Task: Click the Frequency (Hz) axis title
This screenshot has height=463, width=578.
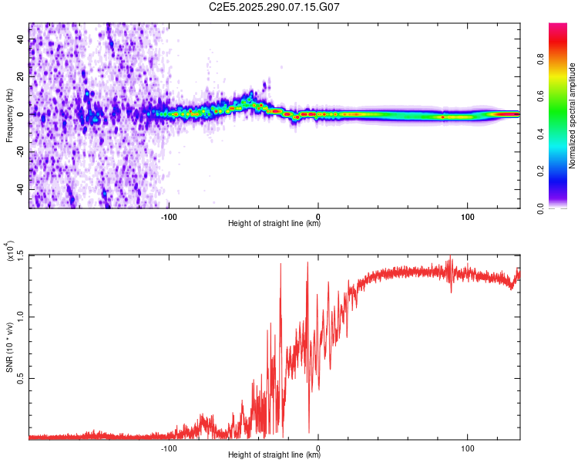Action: (x=9, y=114)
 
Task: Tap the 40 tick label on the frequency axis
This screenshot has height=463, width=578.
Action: (x=21, y=40)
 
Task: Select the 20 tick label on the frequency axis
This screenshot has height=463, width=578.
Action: (x=21, y=77)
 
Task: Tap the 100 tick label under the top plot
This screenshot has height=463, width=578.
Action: (x=467, y=215)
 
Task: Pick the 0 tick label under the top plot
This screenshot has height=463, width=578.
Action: (x=318, y=215)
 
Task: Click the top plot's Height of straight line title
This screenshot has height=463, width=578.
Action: (x=274, y=224)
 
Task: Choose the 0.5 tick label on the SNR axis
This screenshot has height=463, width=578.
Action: (x=21, y=378)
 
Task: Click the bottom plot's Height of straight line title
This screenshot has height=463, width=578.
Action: (x=274, y=455)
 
